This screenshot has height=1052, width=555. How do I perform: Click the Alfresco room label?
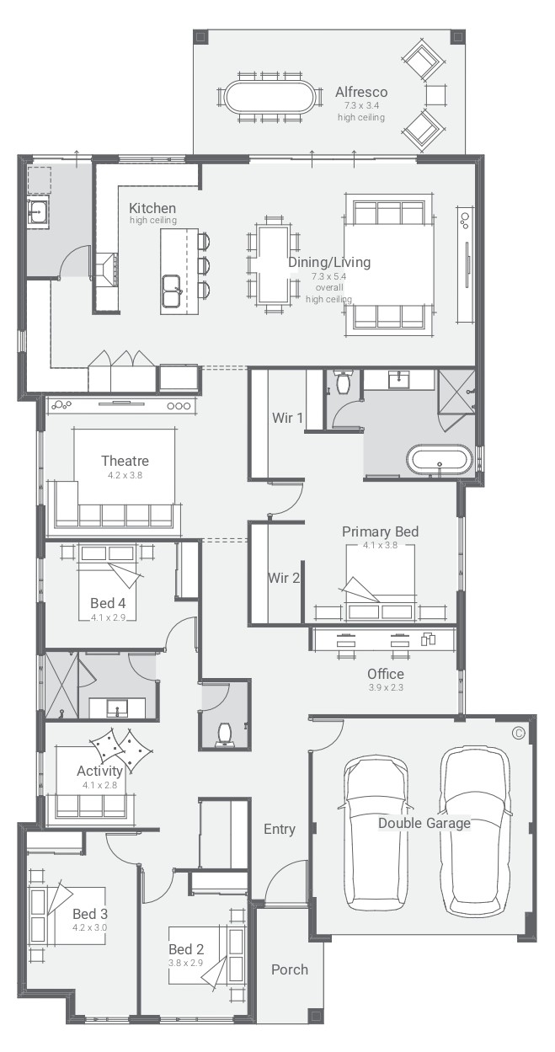point(361,92)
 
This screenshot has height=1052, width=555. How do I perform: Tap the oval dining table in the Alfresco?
point(269,97)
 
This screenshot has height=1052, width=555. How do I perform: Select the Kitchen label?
point(152,208)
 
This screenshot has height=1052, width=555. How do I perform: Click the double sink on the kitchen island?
point(172,291)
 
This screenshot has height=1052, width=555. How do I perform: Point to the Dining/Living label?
point(329,262)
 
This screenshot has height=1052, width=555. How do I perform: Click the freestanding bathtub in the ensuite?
point(439,460)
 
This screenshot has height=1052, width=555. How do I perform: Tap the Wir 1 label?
point(287,418)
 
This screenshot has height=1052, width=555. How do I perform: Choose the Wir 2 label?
point(284,578)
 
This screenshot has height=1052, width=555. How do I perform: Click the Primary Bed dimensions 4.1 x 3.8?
point(380,545)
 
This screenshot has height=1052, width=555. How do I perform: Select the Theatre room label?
point(125,461)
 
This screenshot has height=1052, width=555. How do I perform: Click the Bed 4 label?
point(108,603)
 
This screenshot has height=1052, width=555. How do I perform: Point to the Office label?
point(386,674)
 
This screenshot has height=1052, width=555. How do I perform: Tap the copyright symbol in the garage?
point(519,733)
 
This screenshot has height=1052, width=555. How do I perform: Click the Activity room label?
point(99,772)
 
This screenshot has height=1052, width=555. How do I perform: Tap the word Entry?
point(280,829)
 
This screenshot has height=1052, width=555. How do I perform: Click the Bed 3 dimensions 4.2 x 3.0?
point(89,927)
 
